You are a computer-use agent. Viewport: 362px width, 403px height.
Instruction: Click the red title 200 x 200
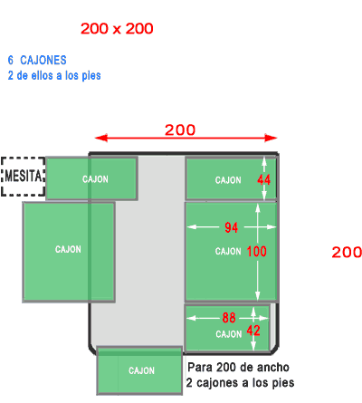point(117,29)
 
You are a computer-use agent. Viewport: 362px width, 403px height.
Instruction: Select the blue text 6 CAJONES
point(37,60)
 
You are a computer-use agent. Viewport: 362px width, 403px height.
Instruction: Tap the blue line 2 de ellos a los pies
point(54,75)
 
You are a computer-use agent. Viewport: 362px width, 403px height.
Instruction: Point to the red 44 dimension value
point(263,180)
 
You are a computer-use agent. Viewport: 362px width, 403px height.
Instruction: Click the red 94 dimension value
point(232,227)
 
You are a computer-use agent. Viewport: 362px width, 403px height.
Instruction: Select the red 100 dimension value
point(257,251)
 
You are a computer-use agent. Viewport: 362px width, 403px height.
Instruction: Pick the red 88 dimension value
point(229,318)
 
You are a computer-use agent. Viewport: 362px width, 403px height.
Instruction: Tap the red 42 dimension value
point(253,331)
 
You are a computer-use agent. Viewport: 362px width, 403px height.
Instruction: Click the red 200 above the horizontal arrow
point(180,130)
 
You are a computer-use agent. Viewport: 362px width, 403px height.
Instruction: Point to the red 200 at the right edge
point(347,252)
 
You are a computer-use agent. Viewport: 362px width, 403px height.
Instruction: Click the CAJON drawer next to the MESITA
point(91,178)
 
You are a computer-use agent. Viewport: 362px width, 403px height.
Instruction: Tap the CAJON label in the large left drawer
point(68,249)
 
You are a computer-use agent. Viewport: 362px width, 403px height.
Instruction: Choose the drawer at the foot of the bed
point(139,370)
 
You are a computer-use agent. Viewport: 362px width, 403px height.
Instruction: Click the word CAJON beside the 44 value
point(228,180)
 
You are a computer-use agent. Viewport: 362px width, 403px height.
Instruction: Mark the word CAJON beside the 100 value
point(228,251)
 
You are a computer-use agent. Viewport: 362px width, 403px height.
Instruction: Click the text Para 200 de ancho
point(238,368)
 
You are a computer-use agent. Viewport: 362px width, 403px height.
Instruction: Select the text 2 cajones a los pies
point(240,383)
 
